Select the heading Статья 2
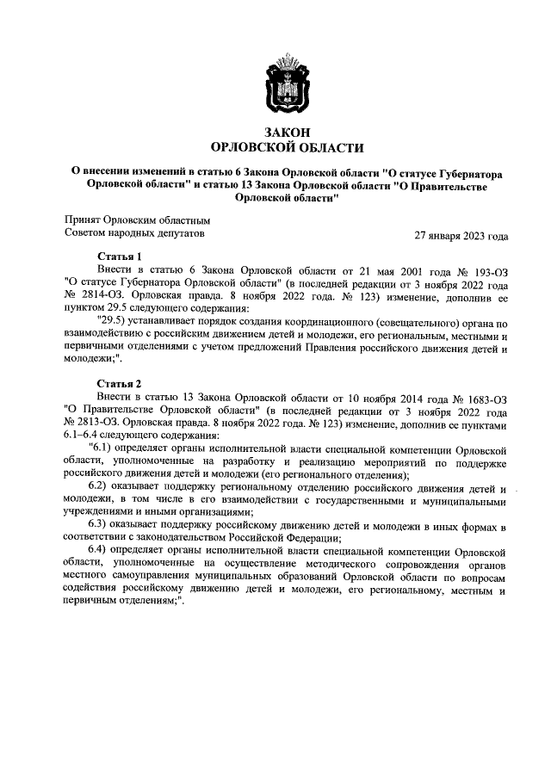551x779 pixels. [119, 382]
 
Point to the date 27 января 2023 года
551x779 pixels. [461, 235]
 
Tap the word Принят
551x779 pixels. [83, 219]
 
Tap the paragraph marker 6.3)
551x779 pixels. [104, 526]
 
